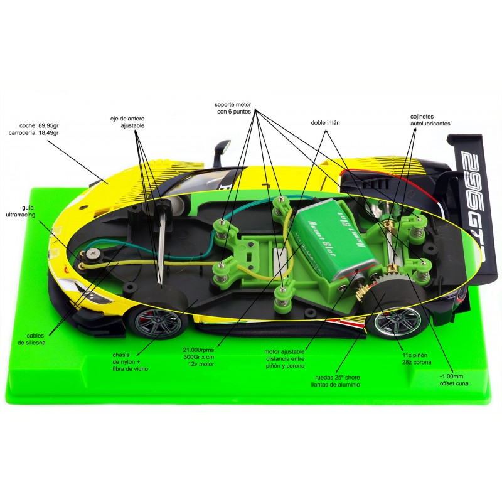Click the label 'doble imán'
tap(325, 123)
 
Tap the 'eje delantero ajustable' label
tap(127, 122)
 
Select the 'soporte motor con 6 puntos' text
tap(233, 108)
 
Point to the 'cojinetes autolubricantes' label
tap(430, 120)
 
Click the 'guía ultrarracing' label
tap(21, 211)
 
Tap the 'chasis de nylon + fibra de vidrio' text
tap(131, 362)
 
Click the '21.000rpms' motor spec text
tap(198, 350)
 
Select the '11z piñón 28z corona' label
tap(417, 359)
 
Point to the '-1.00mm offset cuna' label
tap(454, 380)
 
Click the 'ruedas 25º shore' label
tap(338, 378)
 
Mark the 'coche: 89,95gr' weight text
tap(39, 126)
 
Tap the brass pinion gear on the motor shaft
tap(365, 291)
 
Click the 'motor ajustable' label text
tap(285, 352)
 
